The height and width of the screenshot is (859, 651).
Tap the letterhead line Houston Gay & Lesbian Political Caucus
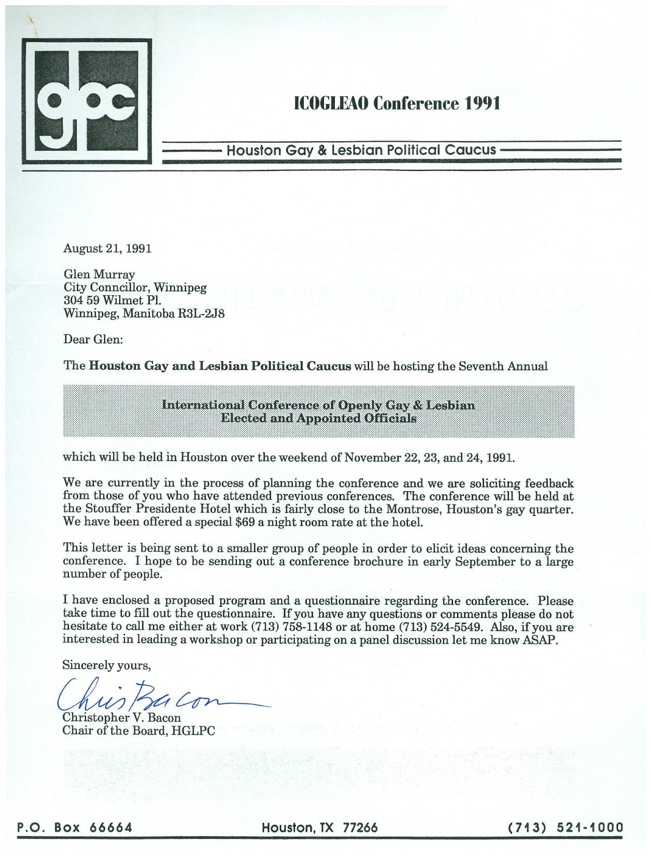361,150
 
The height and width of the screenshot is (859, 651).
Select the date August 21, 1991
107,248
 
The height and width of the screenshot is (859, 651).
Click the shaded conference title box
318,411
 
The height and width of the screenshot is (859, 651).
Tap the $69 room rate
243,522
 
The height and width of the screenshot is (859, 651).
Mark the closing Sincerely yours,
106,665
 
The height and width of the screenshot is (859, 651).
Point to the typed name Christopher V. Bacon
121,718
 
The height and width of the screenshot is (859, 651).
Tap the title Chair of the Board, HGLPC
138,731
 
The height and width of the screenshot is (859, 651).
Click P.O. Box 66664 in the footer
75,827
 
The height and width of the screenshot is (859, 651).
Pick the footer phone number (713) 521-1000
566,827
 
